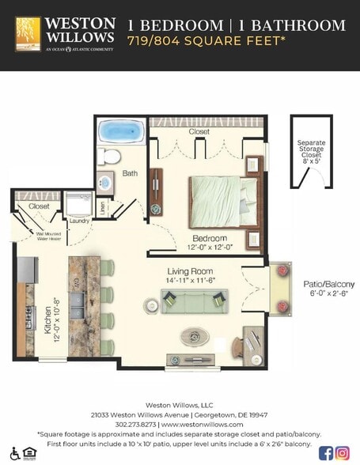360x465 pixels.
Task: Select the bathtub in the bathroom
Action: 120,130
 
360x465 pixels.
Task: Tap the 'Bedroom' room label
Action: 210,239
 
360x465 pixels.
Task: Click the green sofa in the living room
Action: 194,300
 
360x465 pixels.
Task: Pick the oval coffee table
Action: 192,335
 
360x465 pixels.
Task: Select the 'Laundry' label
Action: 79,221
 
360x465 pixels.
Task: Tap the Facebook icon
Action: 325,453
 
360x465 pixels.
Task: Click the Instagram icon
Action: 343,453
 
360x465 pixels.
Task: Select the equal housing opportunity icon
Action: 28,453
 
